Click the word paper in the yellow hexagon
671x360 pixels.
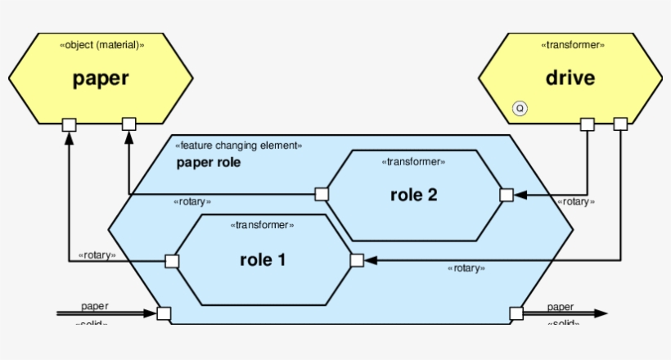tap(101, 79)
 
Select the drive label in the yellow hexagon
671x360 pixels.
tap(570, 79)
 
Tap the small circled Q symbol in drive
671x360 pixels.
tap(519, 107)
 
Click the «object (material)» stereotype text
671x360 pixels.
tap(102, 45)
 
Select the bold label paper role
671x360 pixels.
tap(209, 162)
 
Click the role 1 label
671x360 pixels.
tap(263, 260)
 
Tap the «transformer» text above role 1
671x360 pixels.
tap(262, 225)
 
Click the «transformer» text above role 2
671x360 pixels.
tap(413, 162)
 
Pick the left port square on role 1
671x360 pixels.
tap(172, 261)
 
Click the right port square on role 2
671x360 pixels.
tap(507, 195)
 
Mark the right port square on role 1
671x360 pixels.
tap(357, 260)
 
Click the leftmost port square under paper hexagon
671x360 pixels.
tap(70, 124)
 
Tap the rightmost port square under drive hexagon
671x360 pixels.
tap(620, 124)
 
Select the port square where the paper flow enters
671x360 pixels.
tap(164, 313)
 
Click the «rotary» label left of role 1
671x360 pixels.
tap(97, 254)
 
